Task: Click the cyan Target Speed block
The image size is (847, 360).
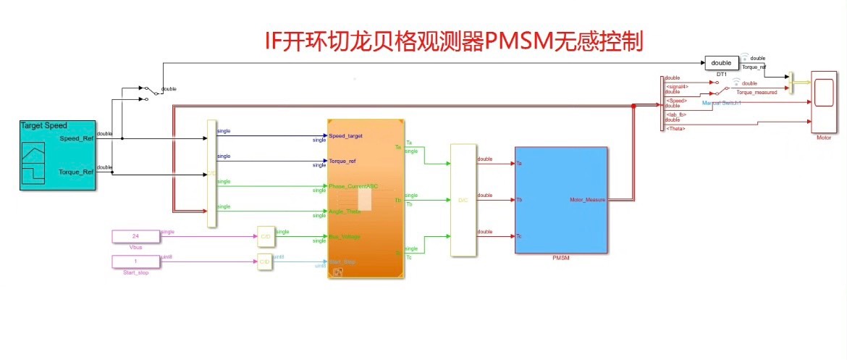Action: [58, 156]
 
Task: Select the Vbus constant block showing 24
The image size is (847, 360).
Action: [135, 236]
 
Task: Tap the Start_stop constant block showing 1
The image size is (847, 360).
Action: [135, 261]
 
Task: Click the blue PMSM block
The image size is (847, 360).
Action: [561, 200]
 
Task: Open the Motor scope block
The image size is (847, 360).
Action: [823, 102]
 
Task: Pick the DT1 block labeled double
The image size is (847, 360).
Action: [721, 63]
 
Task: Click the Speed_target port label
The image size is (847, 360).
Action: [345, 135]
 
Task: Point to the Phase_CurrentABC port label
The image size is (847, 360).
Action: [353, 186]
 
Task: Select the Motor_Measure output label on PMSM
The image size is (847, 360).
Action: [587, 200]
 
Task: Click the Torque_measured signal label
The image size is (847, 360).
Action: [757, 93]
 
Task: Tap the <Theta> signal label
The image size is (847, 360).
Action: [675, 128]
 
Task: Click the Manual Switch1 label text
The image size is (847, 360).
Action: [726, 104]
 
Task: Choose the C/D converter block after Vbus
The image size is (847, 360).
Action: [264, 236]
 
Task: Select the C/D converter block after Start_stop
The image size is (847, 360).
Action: [264, 261]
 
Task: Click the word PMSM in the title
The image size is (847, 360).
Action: [515, 41]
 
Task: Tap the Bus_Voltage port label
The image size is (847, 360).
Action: [345, 237]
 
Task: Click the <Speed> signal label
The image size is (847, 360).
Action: [676, 101]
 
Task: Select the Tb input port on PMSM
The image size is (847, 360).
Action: [520, 200]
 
